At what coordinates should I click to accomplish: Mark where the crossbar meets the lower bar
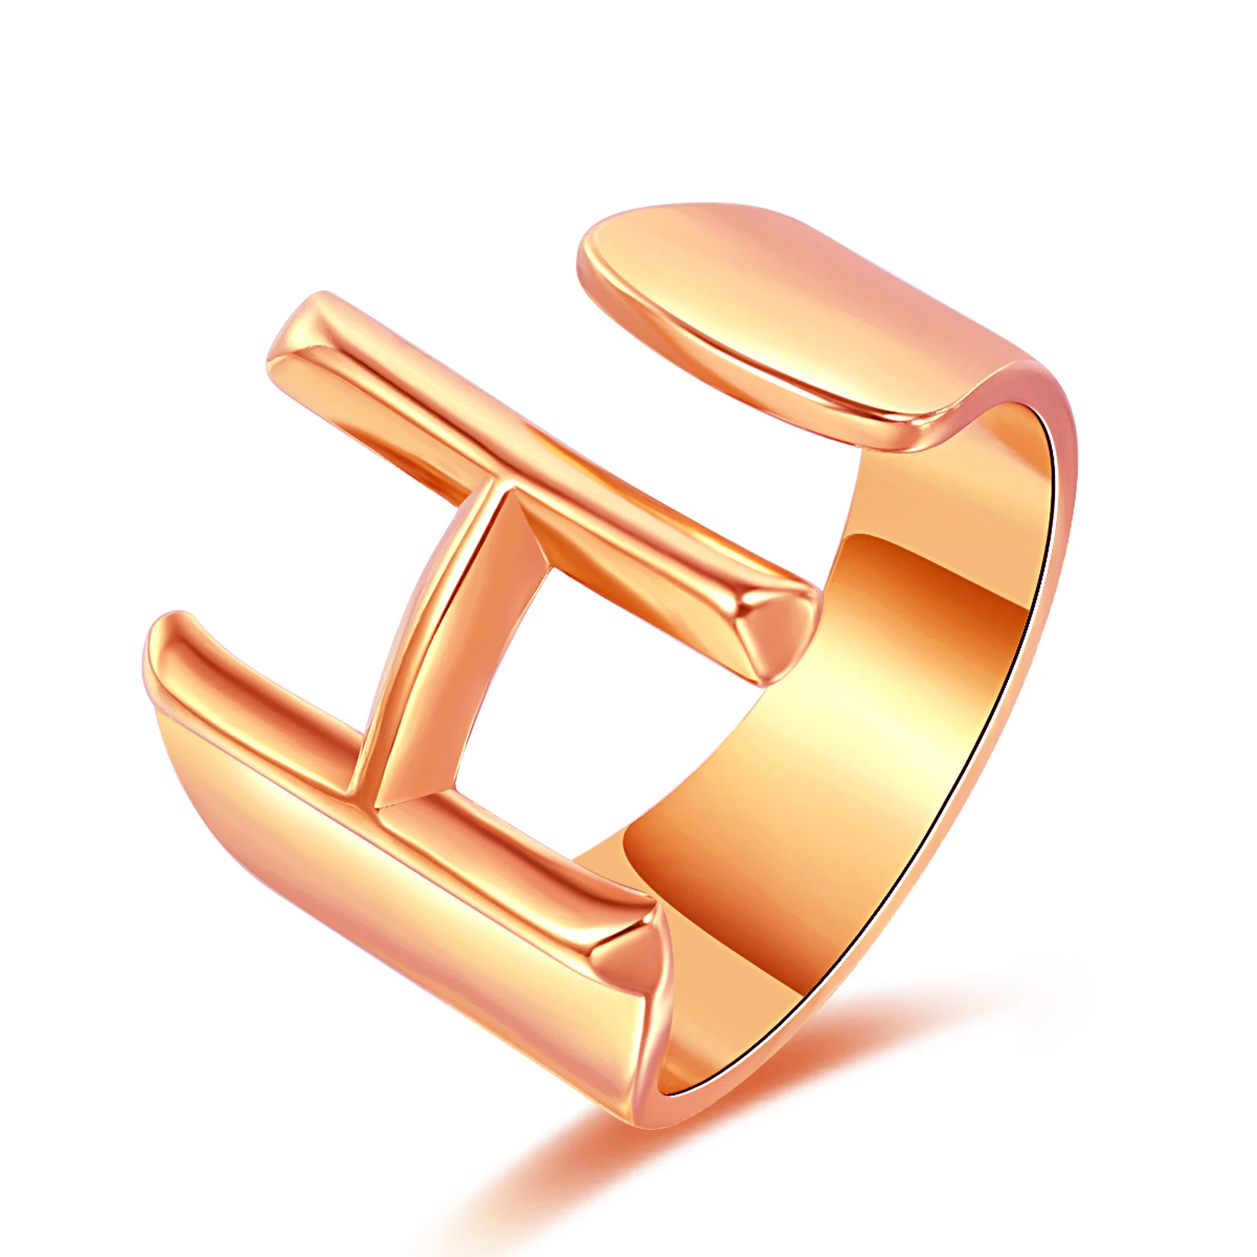coord(369,793)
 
